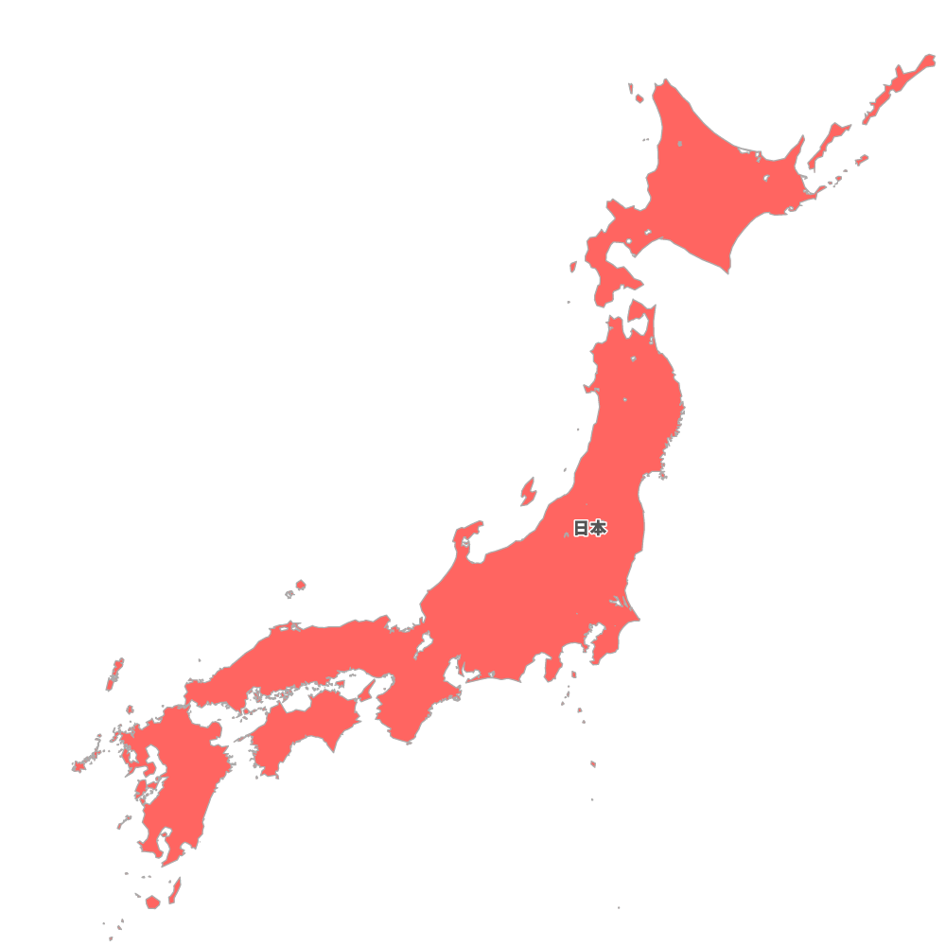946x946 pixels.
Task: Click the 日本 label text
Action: (589, 529)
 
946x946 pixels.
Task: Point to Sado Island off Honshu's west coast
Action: (527, 491)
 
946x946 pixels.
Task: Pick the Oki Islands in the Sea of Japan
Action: (299, 587)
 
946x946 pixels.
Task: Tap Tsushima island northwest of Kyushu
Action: (114, 674)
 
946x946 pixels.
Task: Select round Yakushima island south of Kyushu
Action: (152, 902)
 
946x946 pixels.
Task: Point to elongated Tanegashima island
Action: (175, 889)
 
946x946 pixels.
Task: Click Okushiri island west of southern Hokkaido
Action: (573, 268)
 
